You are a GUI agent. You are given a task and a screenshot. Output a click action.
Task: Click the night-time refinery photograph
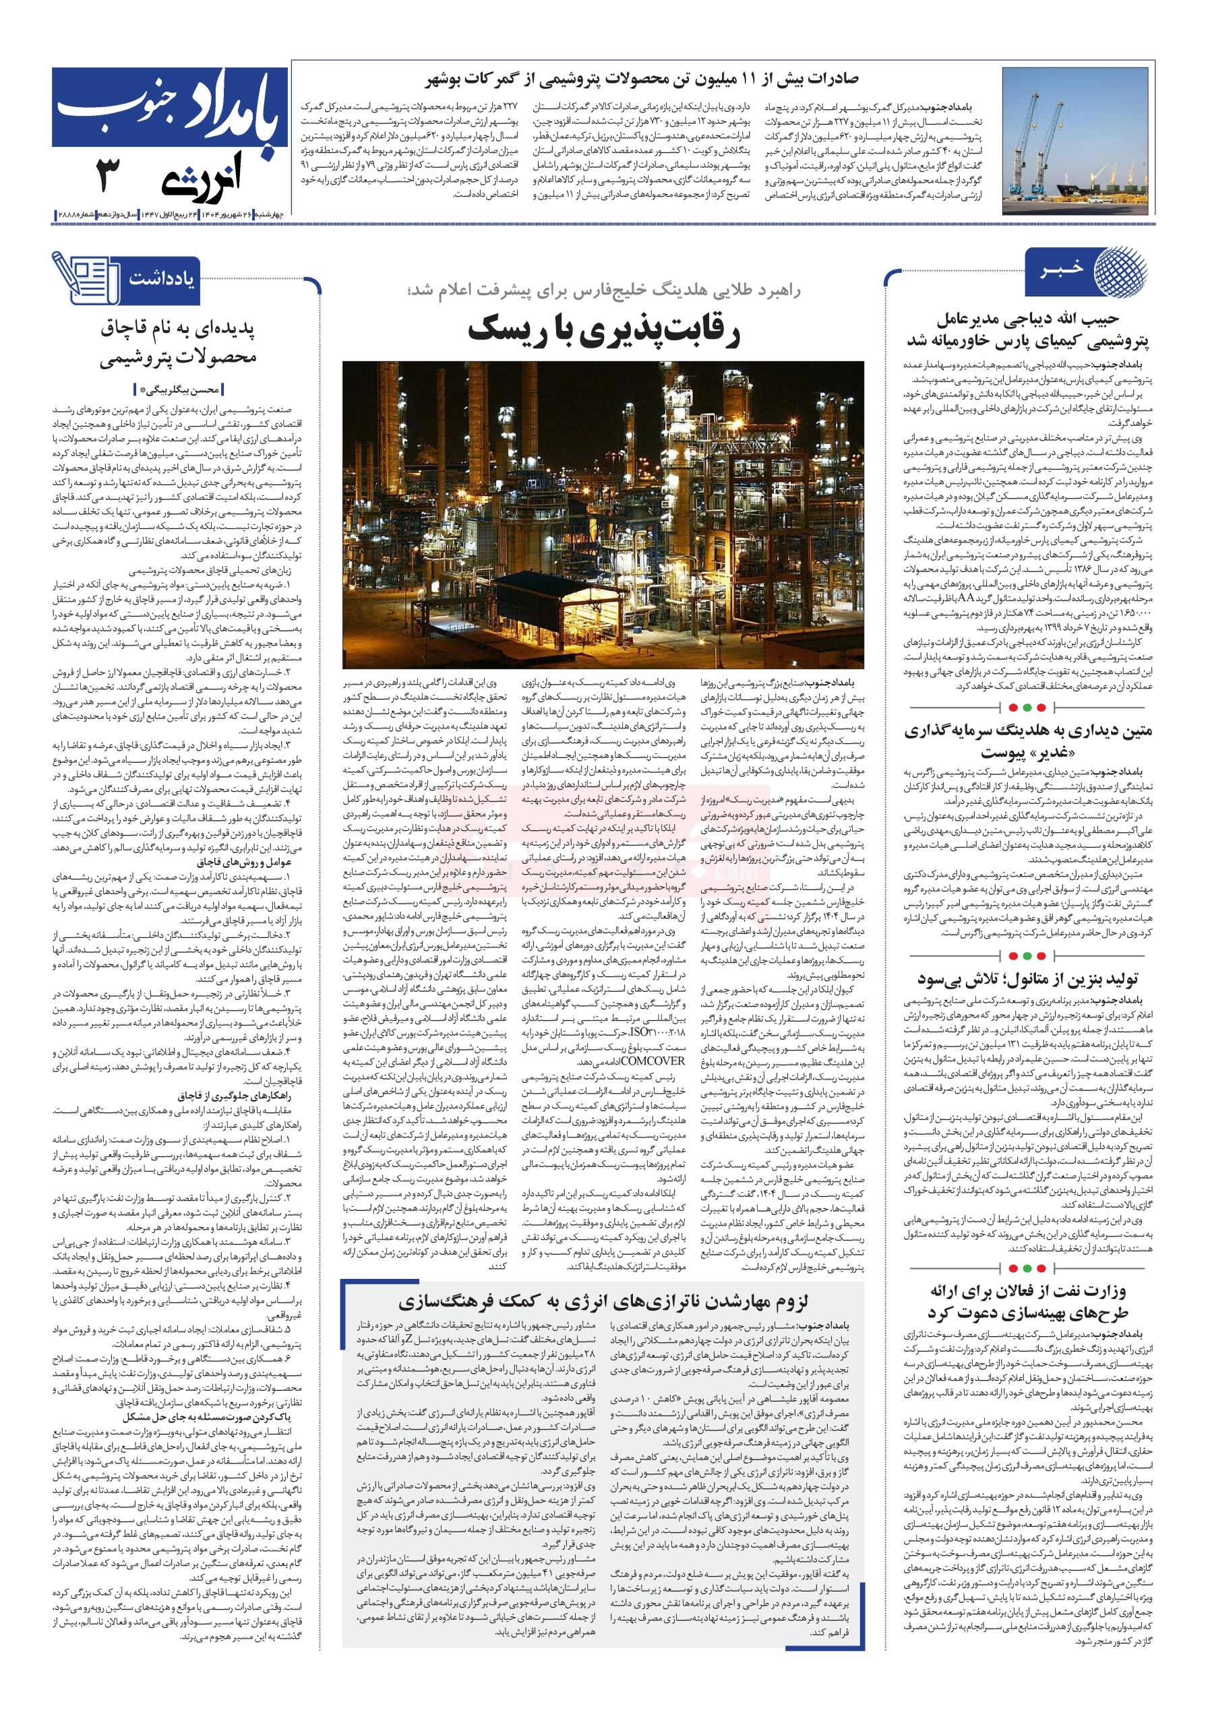(603, 514)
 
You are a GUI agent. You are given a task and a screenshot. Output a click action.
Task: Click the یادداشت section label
(162, 279)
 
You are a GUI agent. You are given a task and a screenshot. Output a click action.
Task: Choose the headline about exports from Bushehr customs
(642, 79)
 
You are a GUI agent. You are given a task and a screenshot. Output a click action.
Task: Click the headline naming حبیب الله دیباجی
(1027, 330)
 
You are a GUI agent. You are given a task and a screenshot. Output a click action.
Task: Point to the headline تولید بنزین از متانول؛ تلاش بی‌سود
(1027, 979)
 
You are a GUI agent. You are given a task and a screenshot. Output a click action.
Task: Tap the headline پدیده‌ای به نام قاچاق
(178, 344)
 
